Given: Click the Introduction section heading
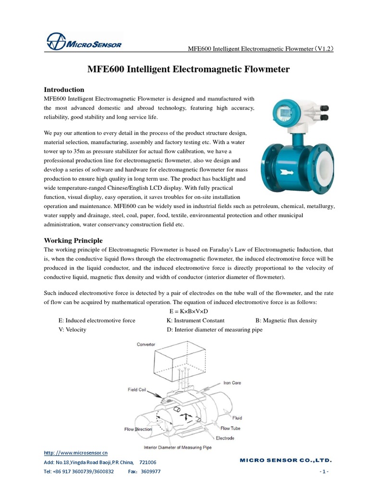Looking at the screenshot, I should click(x=64, y=89).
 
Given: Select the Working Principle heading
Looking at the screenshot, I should click(x=73, y=240).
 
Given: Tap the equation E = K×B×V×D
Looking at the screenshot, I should click(x=185, y=311).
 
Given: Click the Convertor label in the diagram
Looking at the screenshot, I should click(x=146, y=344).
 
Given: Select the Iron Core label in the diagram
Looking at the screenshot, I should click(x=232, y=383).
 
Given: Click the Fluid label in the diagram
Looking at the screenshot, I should click(x=237, y=418).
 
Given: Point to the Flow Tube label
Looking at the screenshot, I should click(x=230, y=428).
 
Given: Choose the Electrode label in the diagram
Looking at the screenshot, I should click(x=225, y=438).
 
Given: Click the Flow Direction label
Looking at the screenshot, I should click(x=138, y=429).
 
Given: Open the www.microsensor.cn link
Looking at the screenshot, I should click(x=76, y=453).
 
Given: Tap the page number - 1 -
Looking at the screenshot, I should click(x=323, y=472).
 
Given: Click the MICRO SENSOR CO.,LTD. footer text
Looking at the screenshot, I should click(x=285, y=461).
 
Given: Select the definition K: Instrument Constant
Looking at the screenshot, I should click(x=195, y=320).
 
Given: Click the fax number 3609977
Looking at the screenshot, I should click(x=151, y=472).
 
